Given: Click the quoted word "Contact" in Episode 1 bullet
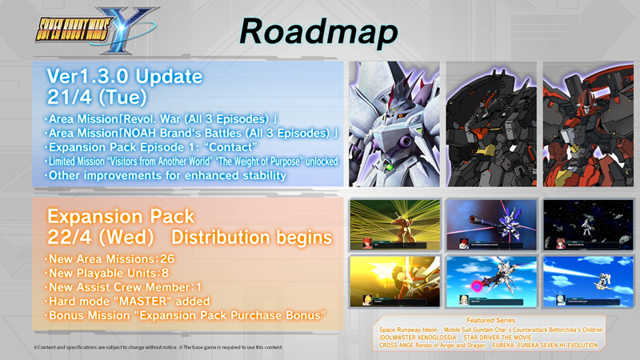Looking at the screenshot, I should pos(234,146).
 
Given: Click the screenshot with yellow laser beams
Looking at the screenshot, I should pos(389,223).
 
